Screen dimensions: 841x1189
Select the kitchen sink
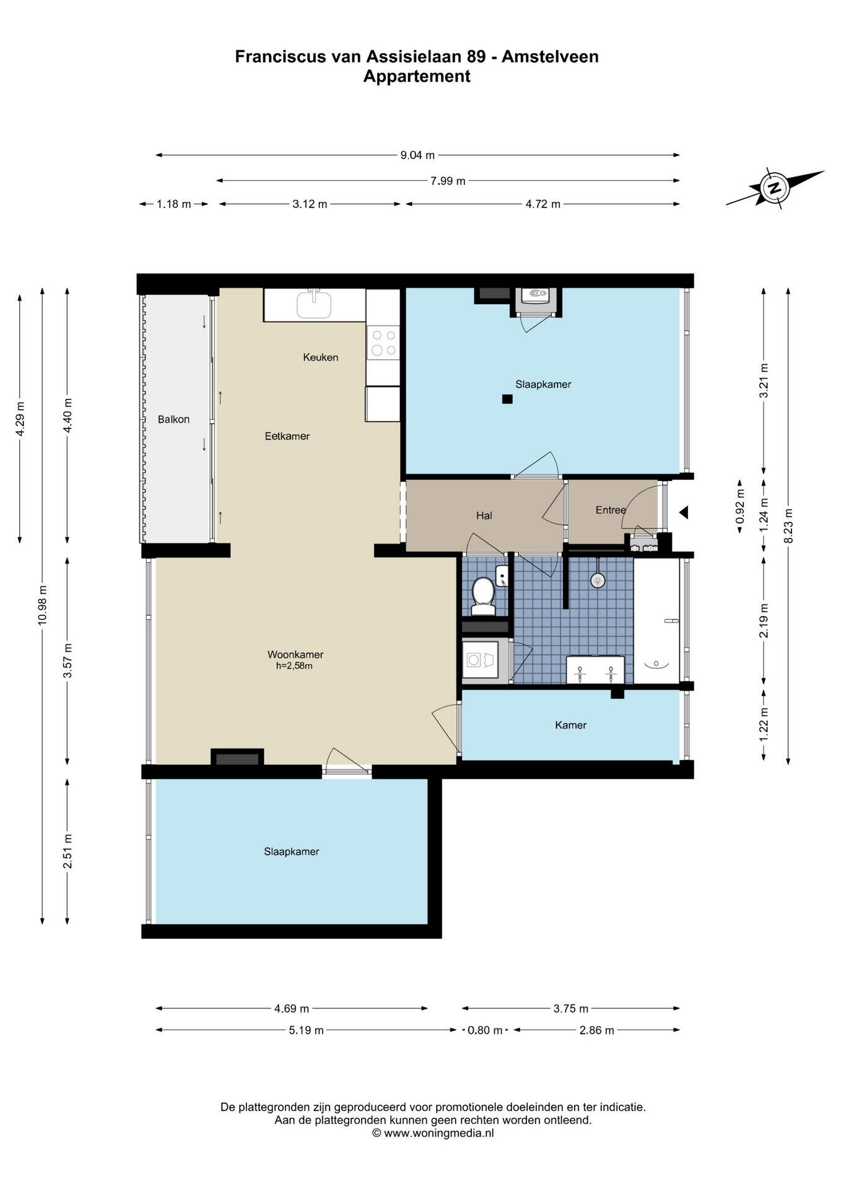click(314, 304)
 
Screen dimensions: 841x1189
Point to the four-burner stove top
click(382, 343)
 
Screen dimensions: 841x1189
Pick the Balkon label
click(173, 419)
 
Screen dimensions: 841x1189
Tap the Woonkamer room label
click(295, 655)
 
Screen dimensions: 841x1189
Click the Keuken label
click(320, 357)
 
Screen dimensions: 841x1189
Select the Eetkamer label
click(287, 436)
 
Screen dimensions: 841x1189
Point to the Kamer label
click(570, 725)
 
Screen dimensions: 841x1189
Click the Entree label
click(611, 510)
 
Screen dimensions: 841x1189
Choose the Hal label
click(484, 515)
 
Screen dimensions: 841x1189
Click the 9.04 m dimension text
click(417, 155)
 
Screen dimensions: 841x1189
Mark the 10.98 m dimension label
click(42, 605)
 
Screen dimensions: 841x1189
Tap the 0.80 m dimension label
click(485, 1030)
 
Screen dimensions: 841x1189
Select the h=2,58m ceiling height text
click(294, 666)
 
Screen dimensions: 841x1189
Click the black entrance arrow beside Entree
click(684, 513)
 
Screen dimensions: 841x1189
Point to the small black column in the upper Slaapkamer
click(507, 399)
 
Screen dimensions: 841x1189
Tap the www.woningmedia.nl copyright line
click(433, 1134)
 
